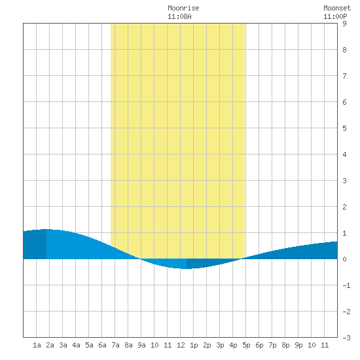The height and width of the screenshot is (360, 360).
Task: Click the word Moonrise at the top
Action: pos(183,8)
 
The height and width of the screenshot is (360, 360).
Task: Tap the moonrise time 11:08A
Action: pos(179,16)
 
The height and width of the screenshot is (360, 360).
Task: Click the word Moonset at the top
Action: pos(337,8)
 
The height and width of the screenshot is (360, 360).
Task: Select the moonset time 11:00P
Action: pos(335,16)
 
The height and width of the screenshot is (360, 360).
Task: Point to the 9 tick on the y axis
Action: pos(344,24)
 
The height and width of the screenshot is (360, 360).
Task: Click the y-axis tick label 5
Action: pos(344,128)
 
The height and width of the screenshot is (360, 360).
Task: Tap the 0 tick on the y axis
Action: pos(344,259)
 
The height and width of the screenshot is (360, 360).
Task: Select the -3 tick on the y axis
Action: pos(346,338)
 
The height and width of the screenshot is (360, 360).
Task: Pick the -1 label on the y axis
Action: pos(346,285)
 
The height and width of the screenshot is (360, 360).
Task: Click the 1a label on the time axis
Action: pos(37,345)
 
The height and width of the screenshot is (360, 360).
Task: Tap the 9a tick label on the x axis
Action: pos(141,345)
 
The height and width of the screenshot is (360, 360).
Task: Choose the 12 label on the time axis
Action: pos(181,345)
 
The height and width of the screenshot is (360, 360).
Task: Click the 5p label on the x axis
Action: pos(246,345)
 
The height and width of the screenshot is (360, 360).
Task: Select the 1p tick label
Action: pos(194,345)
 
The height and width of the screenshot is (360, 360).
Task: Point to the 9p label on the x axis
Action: pos(298,345)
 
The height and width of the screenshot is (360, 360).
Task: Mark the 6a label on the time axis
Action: pos(102,345)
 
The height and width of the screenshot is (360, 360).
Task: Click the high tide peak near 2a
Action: pos(46,229)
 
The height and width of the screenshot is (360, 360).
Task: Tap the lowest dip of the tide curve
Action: pos(187,268)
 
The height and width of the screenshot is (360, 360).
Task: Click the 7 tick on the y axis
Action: pos(344,76)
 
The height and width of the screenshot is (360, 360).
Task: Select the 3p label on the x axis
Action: pos(220,345)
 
